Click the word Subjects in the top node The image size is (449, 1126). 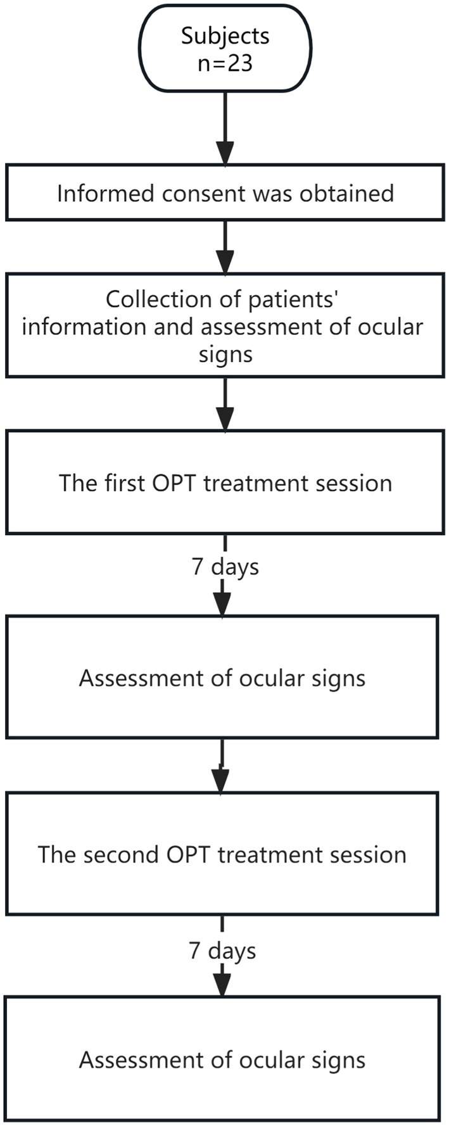pos(225,35)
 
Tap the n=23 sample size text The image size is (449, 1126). pos(225,63)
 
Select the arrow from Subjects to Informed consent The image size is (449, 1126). pos(225,130)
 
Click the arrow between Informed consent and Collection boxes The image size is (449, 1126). pos(225,247)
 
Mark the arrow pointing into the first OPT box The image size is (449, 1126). pos(225,405)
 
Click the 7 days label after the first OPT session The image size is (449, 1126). pos(225,566)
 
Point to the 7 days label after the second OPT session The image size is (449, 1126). pos(222,951)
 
